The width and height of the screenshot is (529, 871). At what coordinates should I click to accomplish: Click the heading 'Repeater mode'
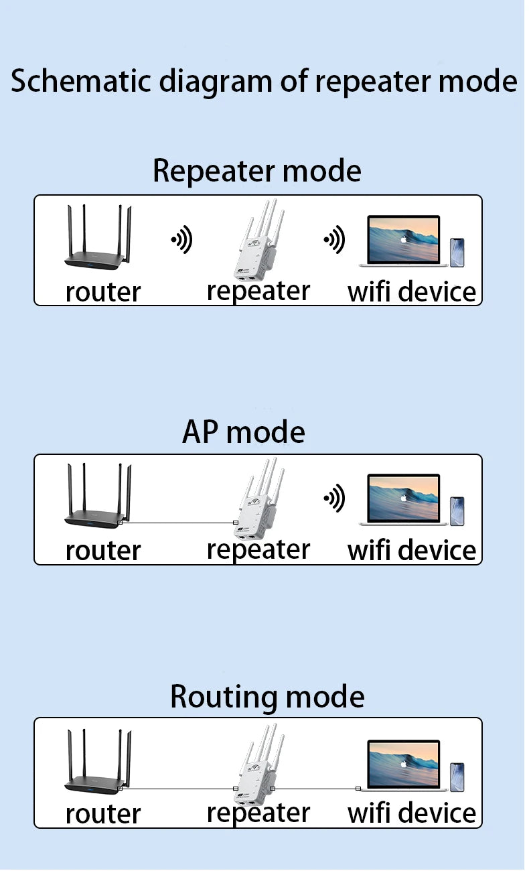click(256, 171)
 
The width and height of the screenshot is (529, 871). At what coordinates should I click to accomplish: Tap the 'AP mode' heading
click(243, 432)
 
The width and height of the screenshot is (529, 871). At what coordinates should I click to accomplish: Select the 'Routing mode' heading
click(267, 696)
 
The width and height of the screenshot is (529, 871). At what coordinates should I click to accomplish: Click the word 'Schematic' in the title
click(79, 81)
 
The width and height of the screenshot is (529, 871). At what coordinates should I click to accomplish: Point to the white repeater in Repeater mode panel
click(258, 245)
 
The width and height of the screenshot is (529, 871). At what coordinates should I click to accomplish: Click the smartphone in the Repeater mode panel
click(457, 253)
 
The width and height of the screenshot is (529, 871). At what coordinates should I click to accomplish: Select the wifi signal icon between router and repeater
click(181, 239)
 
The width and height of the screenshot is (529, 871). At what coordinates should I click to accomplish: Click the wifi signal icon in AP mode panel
click(334, 498)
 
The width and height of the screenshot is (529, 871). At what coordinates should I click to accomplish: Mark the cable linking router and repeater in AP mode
click(177, 523)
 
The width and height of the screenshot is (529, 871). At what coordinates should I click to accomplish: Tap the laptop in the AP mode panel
click(403, 500)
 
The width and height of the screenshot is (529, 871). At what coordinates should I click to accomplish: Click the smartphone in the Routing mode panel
click(457, 777)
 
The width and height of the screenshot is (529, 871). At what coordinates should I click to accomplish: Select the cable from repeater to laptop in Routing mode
click(315, 789)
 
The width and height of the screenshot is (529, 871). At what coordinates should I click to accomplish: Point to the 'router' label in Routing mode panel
click(103, 814)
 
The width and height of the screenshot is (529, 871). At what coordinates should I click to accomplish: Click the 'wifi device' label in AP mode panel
click(412, 550)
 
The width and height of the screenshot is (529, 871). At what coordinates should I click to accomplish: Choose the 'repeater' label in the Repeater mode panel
click(258, 291)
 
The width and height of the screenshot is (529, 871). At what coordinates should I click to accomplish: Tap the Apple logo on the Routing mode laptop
click(403, 763)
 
